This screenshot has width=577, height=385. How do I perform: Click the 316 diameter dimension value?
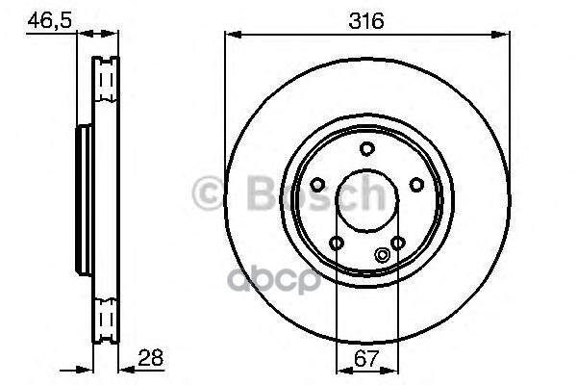point(366,20)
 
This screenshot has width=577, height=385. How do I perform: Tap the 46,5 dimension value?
point(49,20)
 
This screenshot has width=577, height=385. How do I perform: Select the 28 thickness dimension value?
point(151,357)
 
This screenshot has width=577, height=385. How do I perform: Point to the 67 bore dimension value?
point(366,358)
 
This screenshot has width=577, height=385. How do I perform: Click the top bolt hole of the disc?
point(367,149)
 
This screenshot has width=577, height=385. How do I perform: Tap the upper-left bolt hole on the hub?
point(317,184)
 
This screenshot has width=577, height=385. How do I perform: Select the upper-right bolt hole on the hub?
point(417,184)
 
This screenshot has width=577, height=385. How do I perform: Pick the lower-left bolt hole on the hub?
point(337,243)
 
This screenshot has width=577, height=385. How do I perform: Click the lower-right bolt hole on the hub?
point(398,243)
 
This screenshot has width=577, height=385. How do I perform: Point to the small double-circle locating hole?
point(383,254)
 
